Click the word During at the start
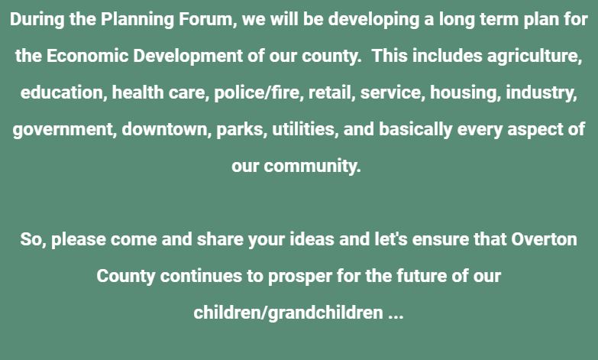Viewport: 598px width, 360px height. [37, 19]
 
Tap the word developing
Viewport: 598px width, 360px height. [373, 19]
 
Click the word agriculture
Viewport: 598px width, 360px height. [535, 56]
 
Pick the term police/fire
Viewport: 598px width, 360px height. [258, 92]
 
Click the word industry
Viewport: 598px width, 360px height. [541, 92]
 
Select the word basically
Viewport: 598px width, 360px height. [415, 129]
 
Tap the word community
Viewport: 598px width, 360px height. [312, 166]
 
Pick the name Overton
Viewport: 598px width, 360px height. [544, 239]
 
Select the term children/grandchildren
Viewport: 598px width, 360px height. [288, 313]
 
